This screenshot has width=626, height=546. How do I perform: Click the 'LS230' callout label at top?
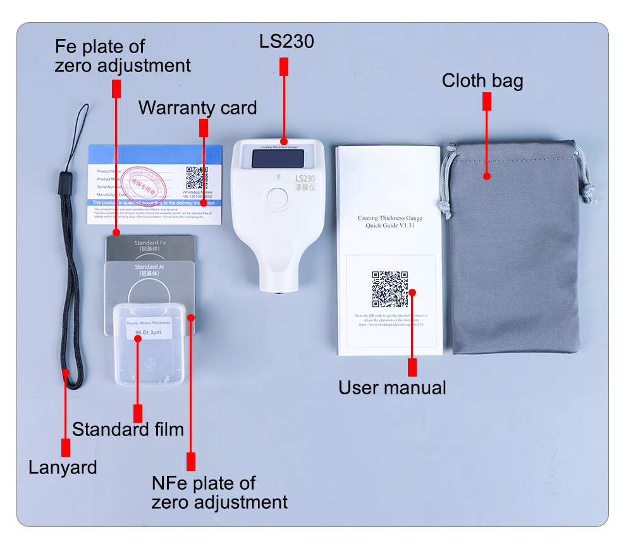pyautogui.click(x=286, y=42)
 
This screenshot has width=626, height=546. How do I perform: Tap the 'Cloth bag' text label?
pyautogui.click(x=482, y=81)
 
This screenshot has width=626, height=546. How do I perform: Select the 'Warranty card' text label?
pyautogui.click(x=197, y=108)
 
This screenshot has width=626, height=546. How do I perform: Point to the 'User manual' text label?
pyautogui.click(x=392, y=387)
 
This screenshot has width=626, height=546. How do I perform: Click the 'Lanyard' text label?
pyautogui.click(x=63, y=468)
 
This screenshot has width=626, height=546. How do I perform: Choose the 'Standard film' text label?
pyautogui.click(x=128, y=430)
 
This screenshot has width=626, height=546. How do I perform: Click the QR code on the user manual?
pyautogui.click(x=390, y=289)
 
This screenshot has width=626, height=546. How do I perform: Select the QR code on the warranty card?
pyautogui.click(x=197, y=178)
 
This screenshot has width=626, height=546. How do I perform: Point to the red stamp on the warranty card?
pyautogui.click(x=142, y=179)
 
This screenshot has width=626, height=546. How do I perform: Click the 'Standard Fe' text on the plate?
pyautogui.click(x=149, y=243)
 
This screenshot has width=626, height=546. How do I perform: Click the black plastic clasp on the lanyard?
pyautogui.click(x=62, y=184)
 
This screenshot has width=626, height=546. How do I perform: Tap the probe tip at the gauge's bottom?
pyautogui.click(x=278, y=291)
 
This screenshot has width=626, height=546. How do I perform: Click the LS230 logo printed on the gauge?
pyautogui.click(x=305, y=179)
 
